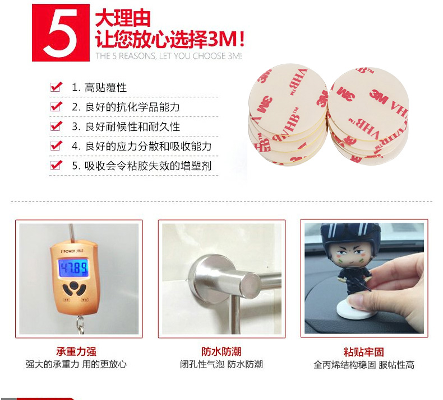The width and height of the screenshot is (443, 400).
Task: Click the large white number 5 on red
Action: click(61, 32)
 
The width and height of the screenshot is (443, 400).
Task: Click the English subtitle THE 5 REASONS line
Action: click(169, 56)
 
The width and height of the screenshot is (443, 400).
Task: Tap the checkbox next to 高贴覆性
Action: click(56, 87)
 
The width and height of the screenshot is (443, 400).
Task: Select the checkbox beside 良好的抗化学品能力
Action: click(56, 106)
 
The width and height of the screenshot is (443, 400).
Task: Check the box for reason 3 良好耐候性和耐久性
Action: click(56, 126)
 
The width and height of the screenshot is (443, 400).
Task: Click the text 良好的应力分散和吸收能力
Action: click(148, 147)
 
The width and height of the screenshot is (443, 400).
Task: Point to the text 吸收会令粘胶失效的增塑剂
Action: click(148, 166)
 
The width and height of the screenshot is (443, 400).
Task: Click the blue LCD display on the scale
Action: click(73, 267)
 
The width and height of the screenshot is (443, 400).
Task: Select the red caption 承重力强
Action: click(76, 352)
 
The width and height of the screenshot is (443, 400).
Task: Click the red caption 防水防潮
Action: click(221, 352)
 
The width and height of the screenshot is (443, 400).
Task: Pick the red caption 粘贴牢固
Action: click(364, 352)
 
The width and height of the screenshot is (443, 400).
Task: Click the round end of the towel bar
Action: click(250, 285)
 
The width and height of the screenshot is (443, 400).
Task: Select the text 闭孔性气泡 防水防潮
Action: click(221, 365)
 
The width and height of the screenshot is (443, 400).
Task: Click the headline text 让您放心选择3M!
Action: click(170, 39)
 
